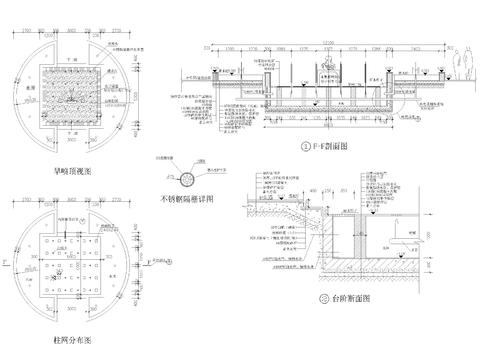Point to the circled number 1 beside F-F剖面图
pos(306,147)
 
